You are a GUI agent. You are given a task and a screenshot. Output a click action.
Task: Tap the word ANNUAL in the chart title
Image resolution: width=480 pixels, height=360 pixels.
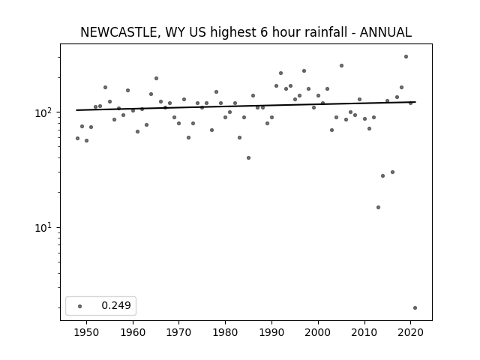pos(385,32)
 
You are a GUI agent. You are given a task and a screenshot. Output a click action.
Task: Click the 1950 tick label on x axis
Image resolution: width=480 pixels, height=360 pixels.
pos(87,332)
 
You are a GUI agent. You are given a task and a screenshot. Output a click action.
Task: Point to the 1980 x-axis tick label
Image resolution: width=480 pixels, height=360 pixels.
pos(225,332)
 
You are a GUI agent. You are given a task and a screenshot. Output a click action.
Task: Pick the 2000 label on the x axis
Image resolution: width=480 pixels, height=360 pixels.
pos(318,332)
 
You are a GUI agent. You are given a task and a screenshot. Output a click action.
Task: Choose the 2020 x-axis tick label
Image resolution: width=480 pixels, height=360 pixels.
pos(411,332)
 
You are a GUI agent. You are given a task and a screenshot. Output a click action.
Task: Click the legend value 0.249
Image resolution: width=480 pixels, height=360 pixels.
pos(116,305)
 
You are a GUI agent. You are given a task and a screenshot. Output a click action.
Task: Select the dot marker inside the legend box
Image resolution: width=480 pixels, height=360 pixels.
pos(80,306)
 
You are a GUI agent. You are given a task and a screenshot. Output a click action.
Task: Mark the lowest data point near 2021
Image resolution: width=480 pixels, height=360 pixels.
pos(415,308)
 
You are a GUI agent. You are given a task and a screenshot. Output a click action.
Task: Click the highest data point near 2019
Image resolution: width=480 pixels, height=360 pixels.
pos(406,57)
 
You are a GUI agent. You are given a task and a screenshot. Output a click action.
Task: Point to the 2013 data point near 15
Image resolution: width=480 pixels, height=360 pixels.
pos(378,207)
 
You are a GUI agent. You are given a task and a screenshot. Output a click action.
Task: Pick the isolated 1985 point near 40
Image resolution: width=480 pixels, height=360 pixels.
pos(248,158)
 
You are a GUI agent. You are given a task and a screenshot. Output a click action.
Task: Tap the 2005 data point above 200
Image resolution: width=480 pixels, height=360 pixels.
pos(342,65)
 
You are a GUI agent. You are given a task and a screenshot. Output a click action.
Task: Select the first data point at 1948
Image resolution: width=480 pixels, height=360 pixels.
pos(77,138)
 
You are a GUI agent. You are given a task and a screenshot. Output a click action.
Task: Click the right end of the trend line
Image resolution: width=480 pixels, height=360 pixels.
pos(415,102)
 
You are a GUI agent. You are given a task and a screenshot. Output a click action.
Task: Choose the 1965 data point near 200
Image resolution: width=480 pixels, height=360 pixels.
pos(156,78)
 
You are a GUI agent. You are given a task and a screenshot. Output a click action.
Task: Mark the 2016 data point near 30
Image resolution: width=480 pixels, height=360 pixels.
pos(392,172)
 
